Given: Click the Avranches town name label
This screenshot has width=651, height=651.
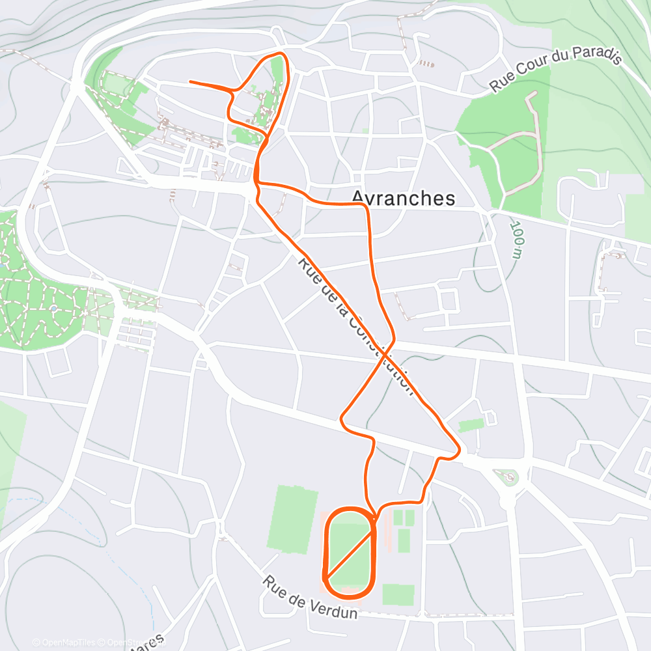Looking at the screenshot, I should pos(403,198).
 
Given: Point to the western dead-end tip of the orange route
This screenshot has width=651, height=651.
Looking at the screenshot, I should pos(191,82).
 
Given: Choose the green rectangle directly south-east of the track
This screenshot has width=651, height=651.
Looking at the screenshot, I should pos(398,594).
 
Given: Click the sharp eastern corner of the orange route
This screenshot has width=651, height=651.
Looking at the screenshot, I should pos(459,449).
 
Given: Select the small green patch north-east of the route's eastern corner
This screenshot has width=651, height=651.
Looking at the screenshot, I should pos(471,425).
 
